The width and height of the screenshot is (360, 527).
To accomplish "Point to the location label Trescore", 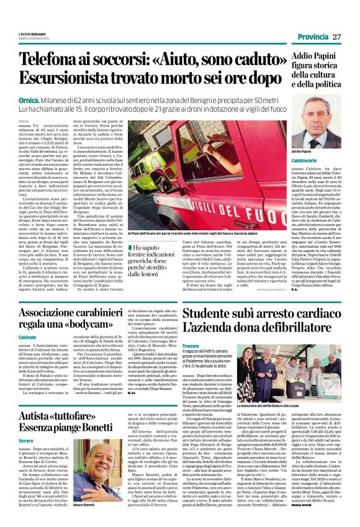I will tap(191, 346).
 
